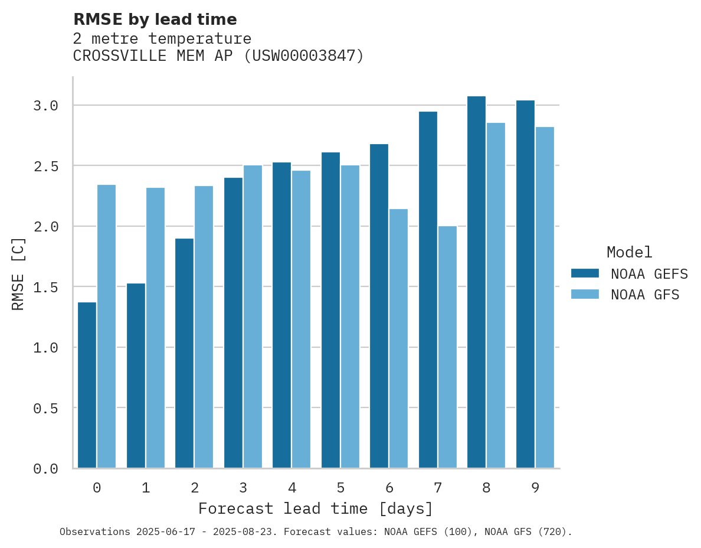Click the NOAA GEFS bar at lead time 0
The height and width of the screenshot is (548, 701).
pyautogui.click(x=87, y=385)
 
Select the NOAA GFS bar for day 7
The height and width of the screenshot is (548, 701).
pyautogui.click(x=447, y=347)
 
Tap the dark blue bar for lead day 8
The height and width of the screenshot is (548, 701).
pyautogui.click(x=476, y=282)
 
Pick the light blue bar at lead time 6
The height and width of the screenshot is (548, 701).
pyautogui.click(x=398, y=338)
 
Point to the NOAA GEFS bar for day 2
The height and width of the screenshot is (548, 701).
pyautogui.click(x=184, y=353)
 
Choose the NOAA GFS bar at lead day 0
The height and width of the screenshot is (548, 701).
pyautogui.click(x=106, y=327)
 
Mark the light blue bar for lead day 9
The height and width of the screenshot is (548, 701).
pyautogui.click(x=545, y=298)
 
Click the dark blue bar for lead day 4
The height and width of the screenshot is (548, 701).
pyautogui.click(x=281, y=315)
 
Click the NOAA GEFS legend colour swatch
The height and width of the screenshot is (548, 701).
pyautogui.click(x=585, y=273)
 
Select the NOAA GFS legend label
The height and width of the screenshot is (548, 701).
pyautogui.click(x=645, y=295)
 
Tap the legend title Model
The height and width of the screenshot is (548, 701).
pyautogui.click(x=629, y=253)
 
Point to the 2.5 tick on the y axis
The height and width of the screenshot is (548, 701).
pyautogui.click(x=45, y=167)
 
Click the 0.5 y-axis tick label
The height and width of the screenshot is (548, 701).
pyautogui.click(x=45, y=409)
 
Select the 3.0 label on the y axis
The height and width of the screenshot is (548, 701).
pyautogui.click(x=45, y=106)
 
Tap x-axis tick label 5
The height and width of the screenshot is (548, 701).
pyautogui.click(x=340, y=488)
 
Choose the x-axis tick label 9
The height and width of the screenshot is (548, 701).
pyautogui.click(x=535, y=488)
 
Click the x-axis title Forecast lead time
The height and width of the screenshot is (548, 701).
pyautogui.click(x=316, y=509)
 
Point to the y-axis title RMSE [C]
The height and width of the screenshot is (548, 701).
pyautogui.click(x=18, y=273)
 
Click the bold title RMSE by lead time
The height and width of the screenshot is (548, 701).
pyautogui.click(x=155, y=19)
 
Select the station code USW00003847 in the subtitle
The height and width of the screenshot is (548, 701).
pyautogui.click(x=303, y=56)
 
